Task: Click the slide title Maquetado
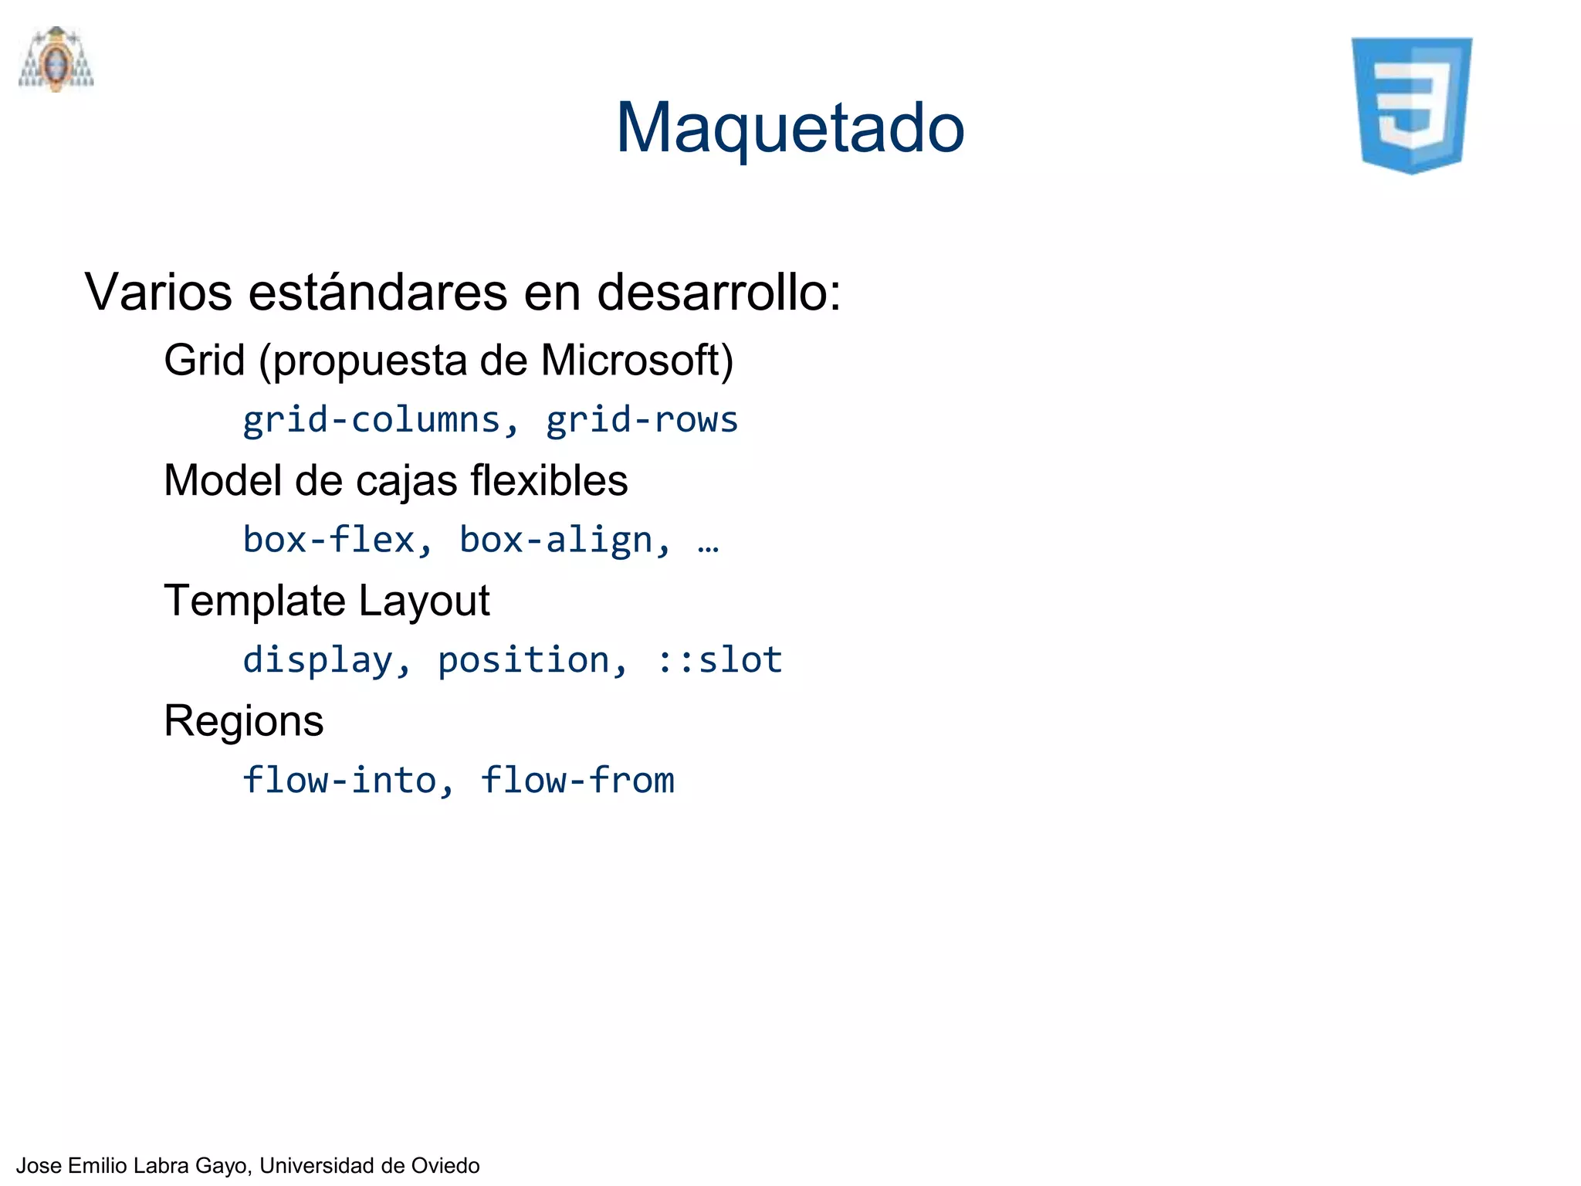tap(790, 128)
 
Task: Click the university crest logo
tap(56, 59)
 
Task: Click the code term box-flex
tap(330, 540)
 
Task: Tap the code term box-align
tap(556, 540)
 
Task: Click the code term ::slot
tap(719, 660)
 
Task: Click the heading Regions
tap(244, 721)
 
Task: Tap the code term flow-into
tap(340, 780)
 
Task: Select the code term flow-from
tap(577, 780)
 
